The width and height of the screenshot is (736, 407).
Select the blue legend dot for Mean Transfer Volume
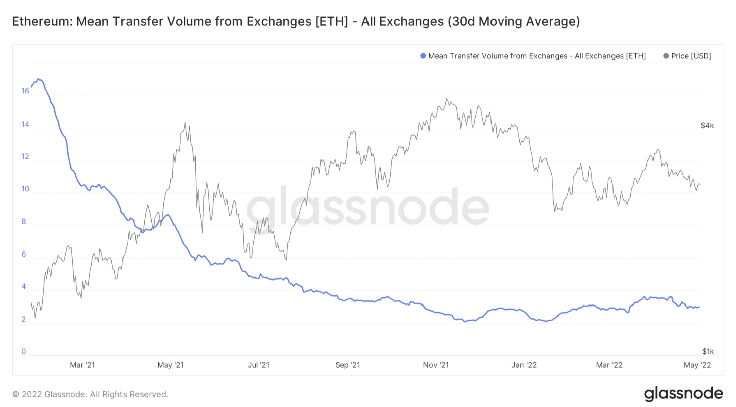tap(423, 56)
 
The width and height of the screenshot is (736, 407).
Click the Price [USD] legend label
tap(691, 56)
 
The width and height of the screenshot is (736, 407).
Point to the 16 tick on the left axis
tap(25, 91)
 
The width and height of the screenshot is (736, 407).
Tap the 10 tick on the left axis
tap(25, 189)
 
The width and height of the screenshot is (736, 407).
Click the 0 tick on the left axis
tap(24, 351)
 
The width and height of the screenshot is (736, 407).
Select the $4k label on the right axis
tap(707, 126)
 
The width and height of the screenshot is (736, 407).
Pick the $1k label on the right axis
tap(707, 351)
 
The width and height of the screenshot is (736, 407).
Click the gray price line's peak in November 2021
tap(447, 98)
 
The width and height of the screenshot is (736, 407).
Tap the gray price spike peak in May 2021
tap(185, 122)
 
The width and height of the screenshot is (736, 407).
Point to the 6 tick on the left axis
tap(24, 254)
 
